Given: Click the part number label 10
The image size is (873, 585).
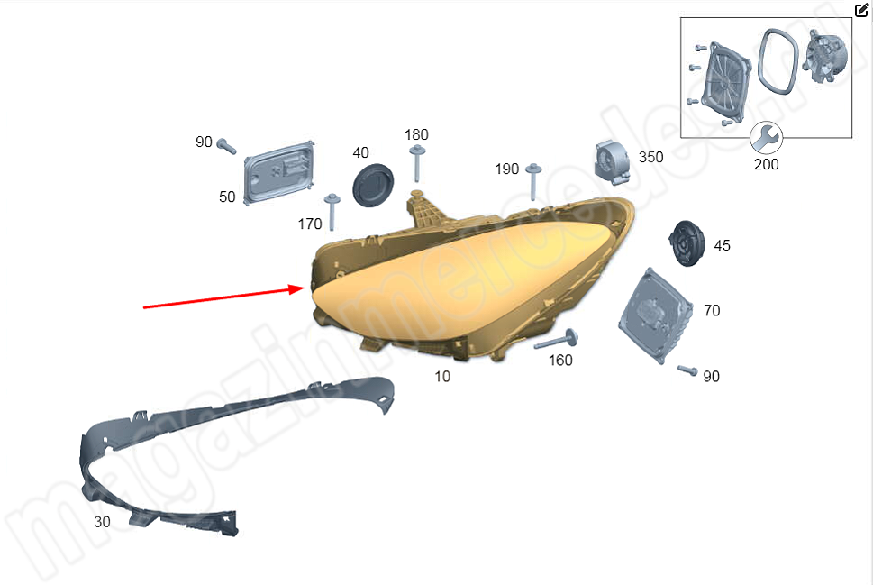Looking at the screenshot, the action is click(442, 377).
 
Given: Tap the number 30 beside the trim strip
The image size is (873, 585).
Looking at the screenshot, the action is click(102, 522).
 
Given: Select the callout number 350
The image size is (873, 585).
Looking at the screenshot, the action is click(650, 157).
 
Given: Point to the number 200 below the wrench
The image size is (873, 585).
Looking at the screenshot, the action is click(766, 164).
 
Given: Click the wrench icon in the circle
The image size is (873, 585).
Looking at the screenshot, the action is click(766, 138).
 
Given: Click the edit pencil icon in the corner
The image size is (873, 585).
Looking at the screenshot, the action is click(860, 10).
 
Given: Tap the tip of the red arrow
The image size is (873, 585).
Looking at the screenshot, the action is click(304, 288).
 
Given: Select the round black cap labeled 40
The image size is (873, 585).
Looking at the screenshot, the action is click(372, 185).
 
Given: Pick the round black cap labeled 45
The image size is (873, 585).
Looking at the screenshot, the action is click(687, 243).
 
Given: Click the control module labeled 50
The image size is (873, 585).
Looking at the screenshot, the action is click(279, 173).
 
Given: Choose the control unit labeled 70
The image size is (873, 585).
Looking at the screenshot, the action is click(655, 315).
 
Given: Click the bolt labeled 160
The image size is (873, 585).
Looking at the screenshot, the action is click(556, 340).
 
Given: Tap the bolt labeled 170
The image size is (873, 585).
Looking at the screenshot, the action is click(332, 212).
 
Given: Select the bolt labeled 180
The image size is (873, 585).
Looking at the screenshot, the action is click(417, 163).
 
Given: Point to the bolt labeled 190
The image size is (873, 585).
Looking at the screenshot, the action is click(533, 181).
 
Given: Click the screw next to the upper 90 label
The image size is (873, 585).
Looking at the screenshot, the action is click(227, 146).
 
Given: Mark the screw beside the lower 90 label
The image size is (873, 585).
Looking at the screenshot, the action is click(687, 370).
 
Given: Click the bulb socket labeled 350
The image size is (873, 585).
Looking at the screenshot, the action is click(613, 162).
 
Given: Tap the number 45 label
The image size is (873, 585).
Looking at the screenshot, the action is click(723, 246).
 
